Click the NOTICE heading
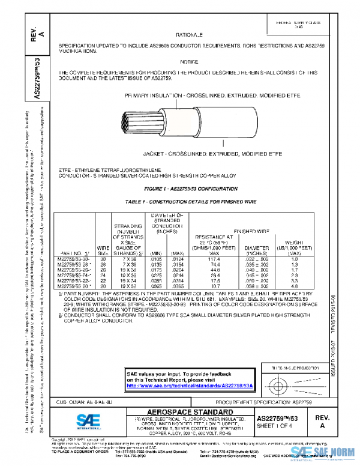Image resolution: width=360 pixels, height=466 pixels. (188, 62)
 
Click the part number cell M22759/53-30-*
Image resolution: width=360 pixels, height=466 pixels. (74, 259)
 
